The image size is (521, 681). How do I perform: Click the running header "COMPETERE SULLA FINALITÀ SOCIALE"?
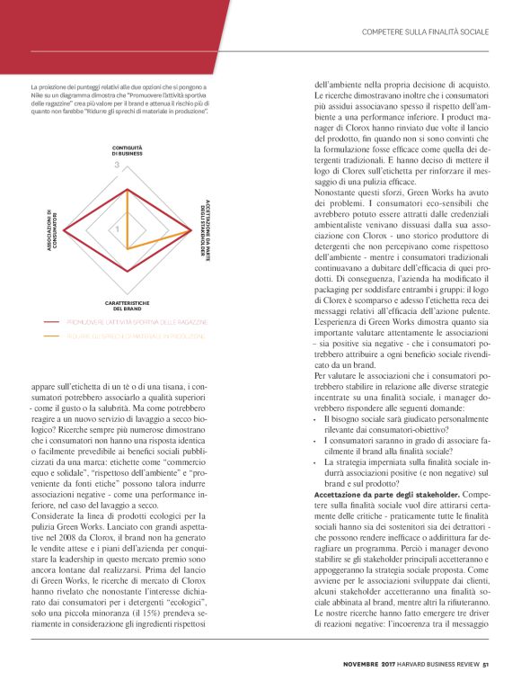(x=424, y=32)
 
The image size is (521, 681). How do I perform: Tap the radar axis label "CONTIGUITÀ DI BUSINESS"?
(x=127, y=149)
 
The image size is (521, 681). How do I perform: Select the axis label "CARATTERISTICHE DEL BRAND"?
(x=127, y=305)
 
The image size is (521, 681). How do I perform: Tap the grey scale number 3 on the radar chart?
(x=116, y=166)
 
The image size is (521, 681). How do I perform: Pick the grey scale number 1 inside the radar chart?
(x=116, y=231)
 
